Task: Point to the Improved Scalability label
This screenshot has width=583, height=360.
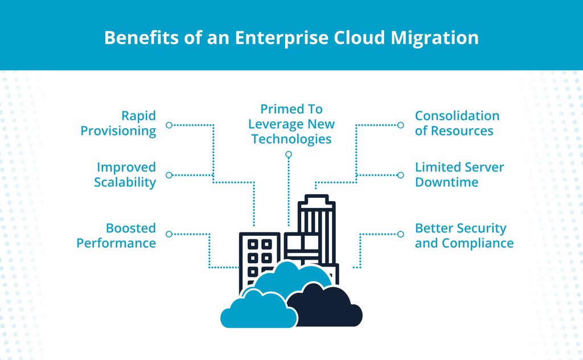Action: pos(125,174)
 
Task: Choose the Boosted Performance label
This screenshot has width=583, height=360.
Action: pos(116,235)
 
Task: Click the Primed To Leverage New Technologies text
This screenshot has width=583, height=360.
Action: pos(291,124)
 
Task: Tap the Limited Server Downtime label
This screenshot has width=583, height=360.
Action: pos(459,174)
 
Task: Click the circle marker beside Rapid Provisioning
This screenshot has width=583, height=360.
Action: pos(169,125)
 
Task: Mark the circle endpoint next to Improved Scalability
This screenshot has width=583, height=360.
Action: pos(169,175)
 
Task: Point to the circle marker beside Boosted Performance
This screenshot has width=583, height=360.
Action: pos(169,234)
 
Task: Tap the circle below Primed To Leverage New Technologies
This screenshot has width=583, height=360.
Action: pos(289,154)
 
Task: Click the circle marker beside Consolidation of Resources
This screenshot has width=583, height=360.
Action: pos(401,125)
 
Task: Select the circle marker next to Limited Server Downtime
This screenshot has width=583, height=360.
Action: pos(401,175)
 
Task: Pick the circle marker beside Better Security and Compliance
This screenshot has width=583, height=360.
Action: pos(401,234)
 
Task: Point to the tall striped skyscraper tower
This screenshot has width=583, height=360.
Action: pos(317,222)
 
